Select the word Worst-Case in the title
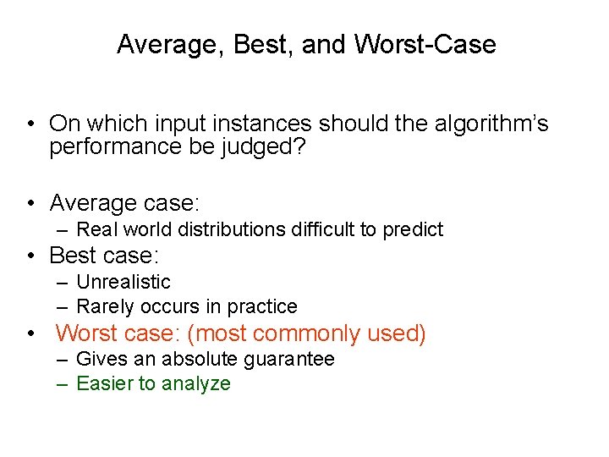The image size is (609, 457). click(425, 45)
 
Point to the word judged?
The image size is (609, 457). click(274, 147)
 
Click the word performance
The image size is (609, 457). click(116, 147)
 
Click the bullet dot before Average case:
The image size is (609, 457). click(30, 203)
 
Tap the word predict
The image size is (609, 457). click(412, 229)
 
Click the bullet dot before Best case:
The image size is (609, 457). click(30, 256)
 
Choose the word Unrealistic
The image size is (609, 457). click(123, 282)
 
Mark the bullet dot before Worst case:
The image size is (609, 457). click(30, 333)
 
